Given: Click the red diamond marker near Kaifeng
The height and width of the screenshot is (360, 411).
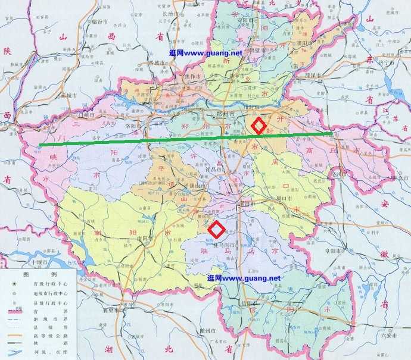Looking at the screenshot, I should pyautogui.click(x=257, y=126).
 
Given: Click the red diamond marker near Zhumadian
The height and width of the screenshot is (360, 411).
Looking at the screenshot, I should pyautogui.click(x=216, y=228).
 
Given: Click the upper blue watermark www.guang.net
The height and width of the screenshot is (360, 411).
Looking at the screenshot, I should pyautogui.click(x=205, y=54).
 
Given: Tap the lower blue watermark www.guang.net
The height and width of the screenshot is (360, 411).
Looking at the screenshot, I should pyautogui.click(x=243, y=278).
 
